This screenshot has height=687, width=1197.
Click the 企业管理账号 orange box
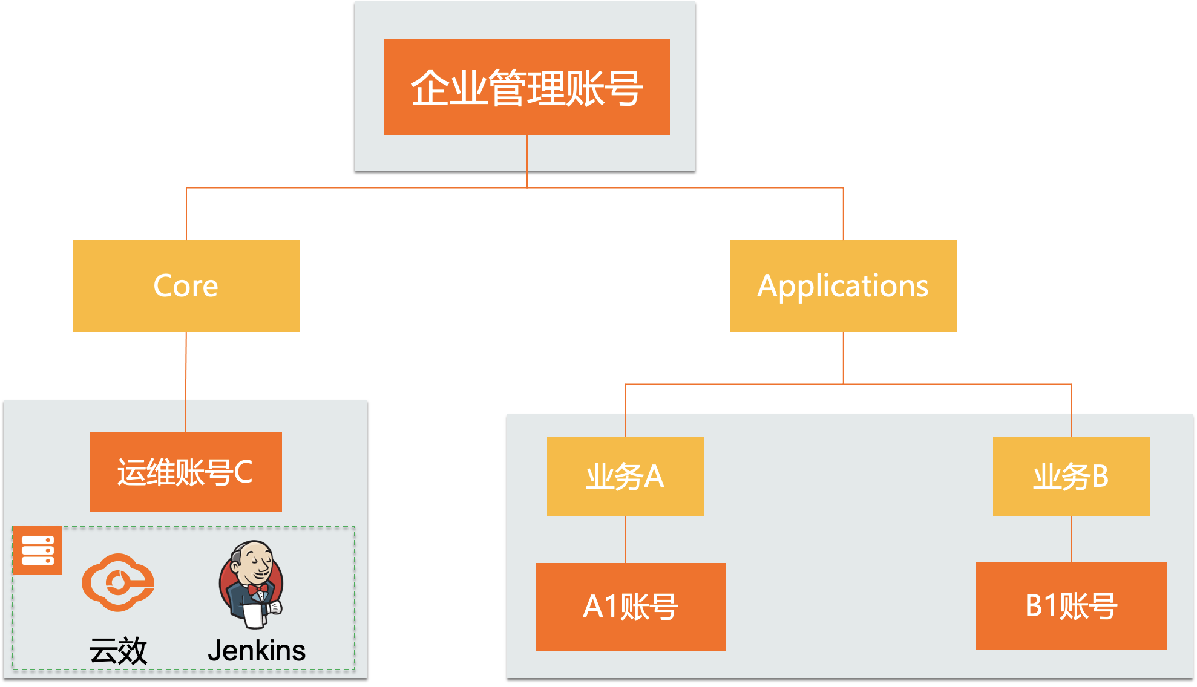point(526,87)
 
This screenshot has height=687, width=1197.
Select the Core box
point(186,285)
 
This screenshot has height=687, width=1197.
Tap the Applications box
point(843,285)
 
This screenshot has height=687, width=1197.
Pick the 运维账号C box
point(185,472)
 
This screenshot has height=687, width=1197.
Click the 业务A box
point(625,476)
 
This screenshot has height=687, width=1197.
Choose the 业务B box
point(1071,476)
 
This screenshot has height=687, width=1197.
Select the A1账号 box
point(631,607)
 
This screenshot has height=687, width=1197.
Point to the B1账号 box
point(1071,605)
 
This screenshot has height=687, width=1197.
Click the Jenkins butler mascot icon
point(252,584)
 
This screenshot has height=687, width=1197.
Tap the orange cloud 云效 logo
point(119,582)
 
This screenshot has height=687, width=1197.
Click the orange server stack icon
point(38,550)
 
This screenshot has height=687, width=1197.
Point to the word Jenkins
point(257,651)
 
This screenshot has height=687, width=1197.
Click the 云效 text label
point(119,651)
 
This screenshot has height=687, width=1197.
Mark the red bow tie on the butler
point(257,588)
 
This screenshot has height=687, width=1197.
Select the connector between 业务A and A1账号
point(625,539)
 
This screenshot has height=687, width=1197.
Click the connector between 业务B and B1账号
point(1071,539)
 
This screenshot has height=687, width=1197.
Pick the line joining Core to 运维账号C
point(186,381)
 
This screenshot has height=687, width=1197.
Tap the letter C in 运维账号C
point(243,472)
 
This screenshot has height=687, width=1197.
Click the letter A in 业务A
point(654,477)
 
